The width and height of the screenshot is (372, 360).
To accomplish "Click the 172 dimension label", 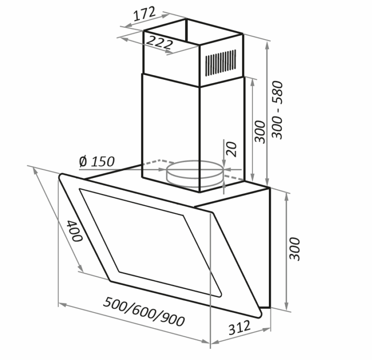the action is [144, 14].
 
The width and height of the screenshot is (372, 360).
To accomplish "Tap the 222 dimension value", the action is [159, 43].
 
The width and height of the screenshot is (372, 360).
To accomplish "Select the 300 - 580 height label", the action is [278, 110].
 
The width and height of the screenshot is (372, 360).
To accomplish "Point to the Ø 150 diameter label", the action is [97, 162].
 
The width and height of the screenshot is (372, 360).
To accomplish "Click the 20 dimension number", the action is [232, 149].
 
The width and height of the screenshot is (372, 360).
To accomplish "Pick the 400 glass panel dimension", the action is [74, 231].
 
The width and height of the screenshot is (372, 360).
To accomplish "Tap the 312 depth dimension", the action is [239, 327].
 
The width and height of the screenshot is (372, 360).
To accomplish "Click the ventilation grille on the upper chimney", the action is [221, 63].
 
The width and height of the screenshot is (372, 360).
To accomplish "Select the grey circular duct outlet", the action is [195, 173].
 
